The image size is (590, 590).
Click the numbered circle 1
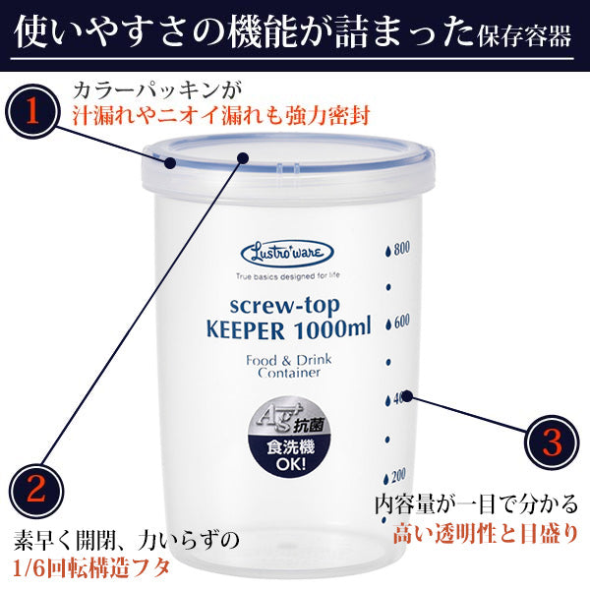[x=32, y=111]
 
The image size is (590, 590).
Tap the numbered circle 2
[x=36, y=491]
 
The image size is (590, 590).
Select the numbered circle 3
[x=552, y=442]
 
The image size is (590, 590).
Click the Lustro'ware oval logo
[x=287, y=254]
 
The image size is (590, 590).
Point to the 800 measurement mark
[x=397, y=249]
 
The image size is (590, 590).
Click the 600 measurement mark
[x=397, y=323]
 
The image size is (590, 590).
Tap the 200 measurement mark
[x=394, y=477]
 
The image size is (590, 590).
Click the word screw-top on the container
[x=285, y=306]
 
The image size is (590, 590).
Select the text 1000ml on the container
[x=332, y=328]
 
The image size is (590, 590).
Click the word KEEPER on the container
[x=245, y=330]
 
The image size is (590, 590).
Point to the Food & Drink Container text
[x=289, y=366]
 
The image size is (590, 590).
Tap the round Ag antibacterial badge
[x=288, y=437]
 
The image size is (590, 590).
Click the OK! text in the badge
[x=290, y=464]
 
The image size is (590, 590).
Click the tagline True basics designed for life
[x=288, y=276]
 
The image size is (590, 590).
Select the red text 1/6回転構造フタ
[x=91, y=567]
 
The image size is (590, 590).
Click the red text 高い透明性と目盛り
[x=486, y=534]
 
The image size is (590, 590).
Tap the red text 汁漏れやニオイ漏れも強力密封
[x=221, y=115]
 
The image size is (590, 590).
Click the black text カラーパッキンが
[x=157, y=91]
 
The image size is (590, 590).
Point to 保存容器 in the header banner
[x=525, y=36]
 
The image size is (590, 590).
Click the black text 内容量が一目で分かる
[x=476, y=504]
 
